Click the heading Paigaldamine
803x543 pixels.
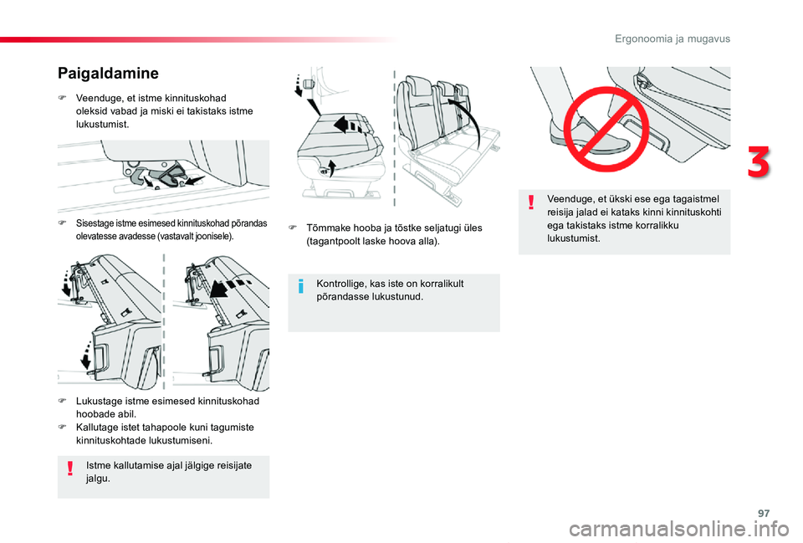point(107,74)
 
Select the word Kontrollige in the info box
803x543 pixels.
point(343,284)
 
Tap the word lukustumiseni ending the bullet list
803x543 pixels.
point(178,439)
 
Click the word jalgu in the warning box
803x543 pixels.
point(99,479)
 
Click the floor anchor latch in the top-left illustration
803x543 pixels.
point(171,176)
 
